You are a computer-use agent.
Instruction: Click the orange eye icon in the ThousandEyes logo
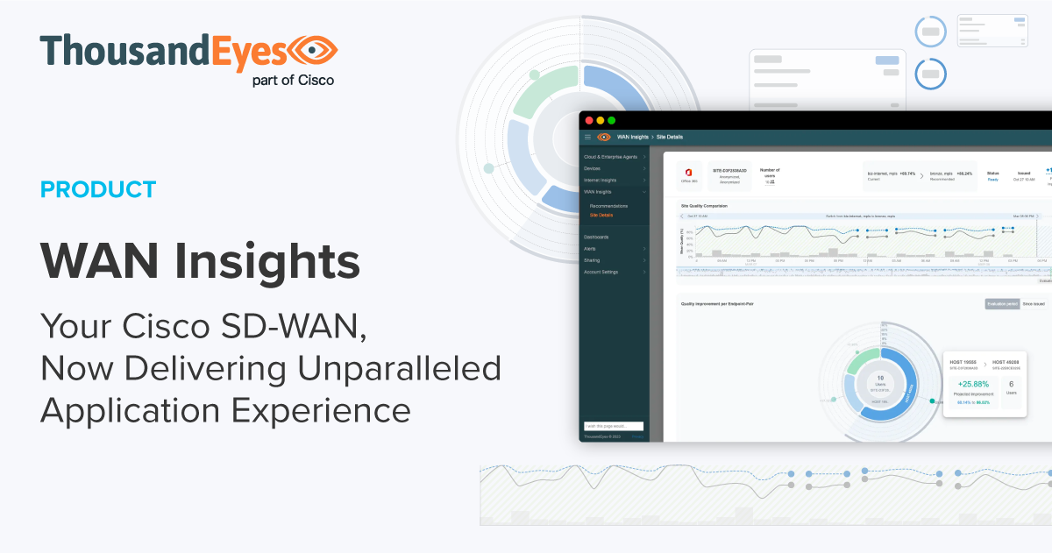(x=313, y=53)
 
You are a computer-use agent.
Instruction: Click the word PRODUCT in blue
(x=98, y=188)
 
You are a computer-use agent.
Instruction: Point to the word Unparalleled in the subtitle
(x=399, y=369)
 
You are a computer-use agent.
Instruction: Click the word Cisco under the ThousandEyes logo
(x=312, y=80)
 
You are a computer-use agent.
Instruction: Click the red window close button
(x=589, y=120)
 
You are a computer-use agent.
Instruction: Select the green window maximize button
(x=612, y=120)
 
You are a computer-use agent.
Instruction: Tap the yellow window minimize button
(x=601, y=120)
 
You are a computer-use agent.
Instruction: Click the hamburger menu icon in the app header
(x=587, y=137)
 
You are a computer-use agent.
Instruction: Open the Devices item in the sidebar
(x=593, y=167)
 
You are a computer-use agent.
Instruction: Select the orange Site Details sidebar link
(x=601, y=215)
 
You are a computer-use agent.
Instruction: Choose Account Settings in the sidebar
(x=601, y=272)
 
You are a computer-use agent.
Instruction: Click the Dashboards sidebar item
(x=596, y=237)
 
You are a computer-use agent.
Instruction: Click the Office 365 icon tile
(x=688, y=173)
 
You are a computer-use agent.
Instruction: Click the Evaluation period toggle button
(x=1001, y=303)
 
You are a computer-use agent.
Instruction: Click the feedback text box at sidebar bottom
(x=614, y=426)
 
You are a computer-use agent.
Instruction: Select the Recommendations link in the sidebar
(x=608, y=206)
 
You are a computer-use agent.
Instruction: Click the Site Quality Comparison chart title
(x=704, y=206)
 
